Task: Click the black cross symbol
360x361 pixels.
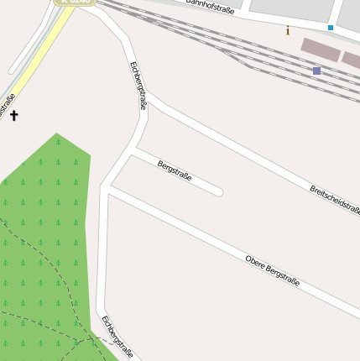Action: pyautogui.click(x=13, y=115)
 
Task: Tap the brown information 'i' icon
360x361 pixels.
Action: pyautogui.click(x=288, y=31)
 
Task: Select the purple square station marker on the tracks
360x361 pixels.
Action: pyautogui.click(x=316, y=71)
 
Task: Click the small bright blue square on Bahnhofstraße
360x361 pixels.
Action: pyautogui.click(x=331, y=28)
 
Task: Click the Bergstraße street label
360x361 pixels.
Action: pyautogui.click(x=175, y=170)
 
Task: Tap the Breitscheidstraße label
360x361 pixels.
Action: pyautogui.click(x=334, y=199)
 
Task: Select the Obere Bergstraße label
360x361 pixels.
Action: pyautogui.click(x=272, y=269)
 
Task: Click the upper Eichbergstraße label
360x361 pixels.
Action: pyautogui.click(x=138, y=86)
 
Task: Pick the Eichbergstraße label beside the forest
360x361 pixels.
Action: pyautogui.click(x=117, y=337)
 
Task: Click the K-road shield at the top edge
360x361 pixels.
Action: pyautogui.click(x=75, y=2)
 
